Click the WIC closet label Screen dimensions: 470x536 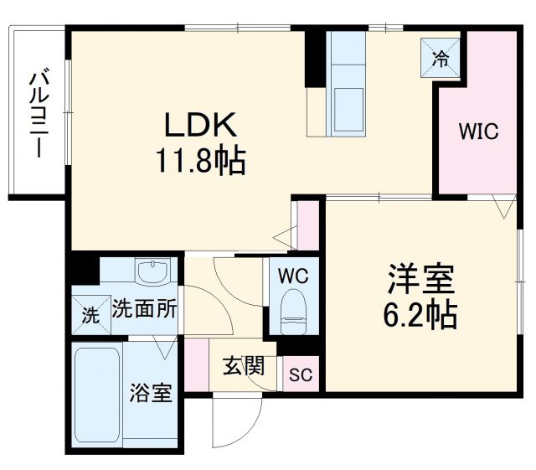click(x=478, y=132)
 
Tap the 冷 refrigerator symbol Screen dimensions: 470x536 click(x=440, y=58)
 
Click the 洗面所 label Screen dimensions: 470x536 click(x=144, y=309)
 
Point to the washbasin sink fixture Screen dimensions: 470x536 click(x=152, y=272)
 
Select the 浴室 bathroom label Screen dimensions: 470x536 click(x=152, y=392)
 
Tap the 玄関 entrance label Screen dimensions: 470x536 click(x=244, y=366)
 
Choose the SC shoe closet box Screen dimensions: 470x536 click(x=301, y=374)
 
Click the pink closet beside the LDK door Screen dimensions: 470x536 click(x=308, y=225)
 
